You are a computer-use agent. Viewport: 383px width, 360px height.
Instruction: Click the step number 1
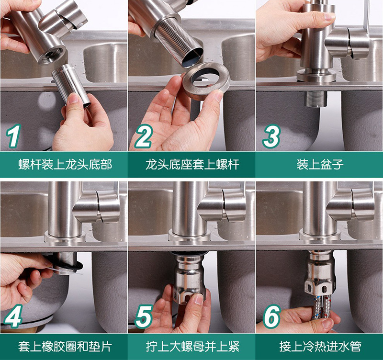pos(13,136)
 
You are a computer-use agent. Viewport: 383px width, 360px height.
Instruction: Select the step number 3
pos(271,136)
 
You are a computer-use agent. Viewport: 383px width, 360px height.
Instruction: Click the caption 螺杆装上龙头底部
pos(65,165)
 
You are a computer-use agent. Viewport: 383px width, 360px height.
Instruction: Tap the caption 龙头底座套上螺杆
pos(192,165)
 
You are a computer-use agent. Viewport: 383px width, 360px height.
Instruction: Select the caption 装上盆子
pos(320,165)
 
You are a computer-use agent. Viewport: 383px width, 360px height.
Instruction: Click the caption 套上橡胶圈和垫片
pos(65,347)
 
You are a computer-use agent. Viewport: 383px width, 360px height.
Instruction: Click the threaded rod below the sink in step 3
pos(316,99)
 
